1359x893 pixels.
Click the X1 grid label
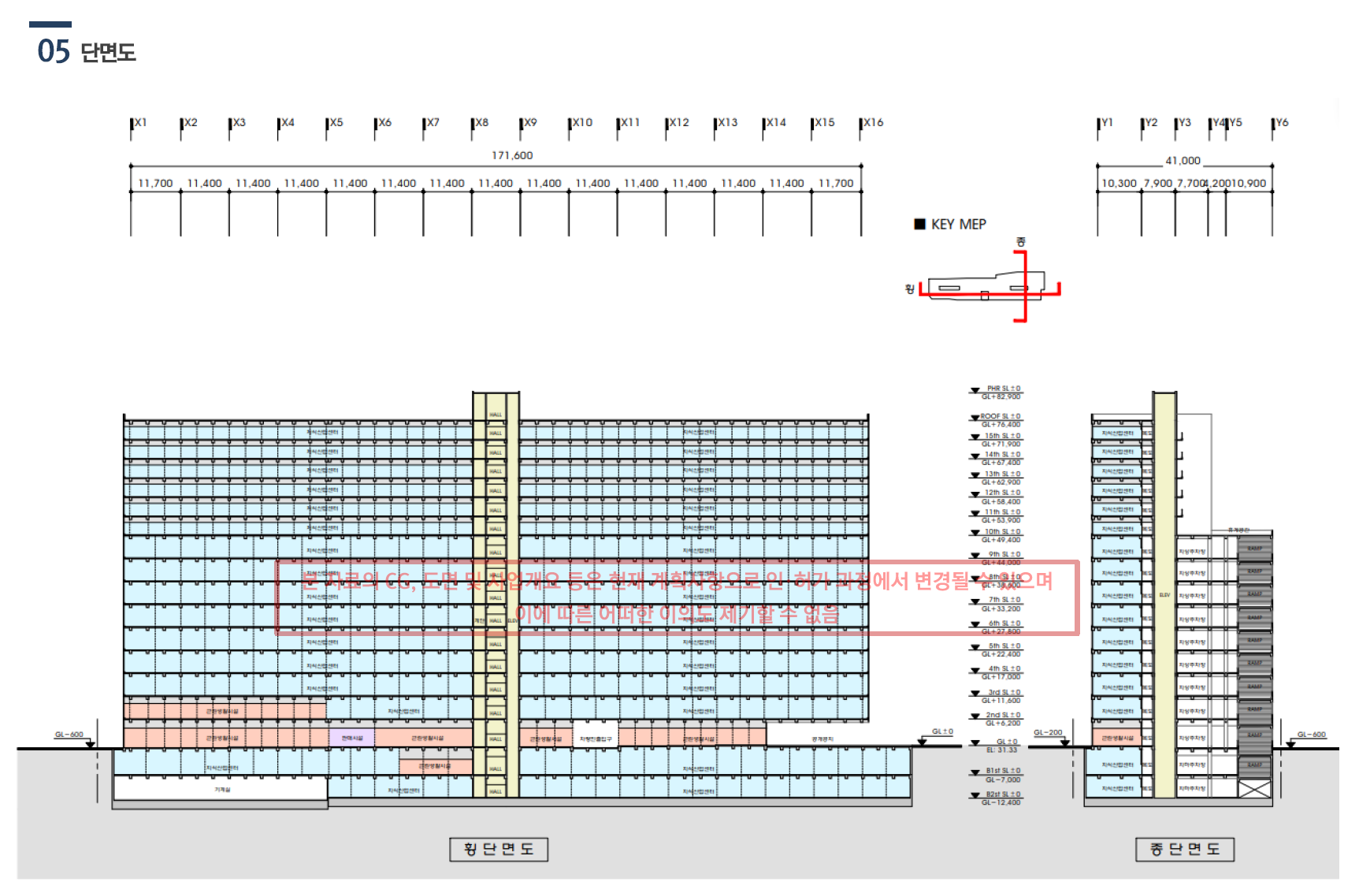click(x=140, y=123)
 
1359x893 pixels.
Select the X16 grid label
click(x=873, y=123)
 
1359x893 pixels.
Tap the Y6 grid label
click(x=1282, y=123)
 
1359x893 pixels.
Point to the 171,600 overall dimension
click(x=512, y=155)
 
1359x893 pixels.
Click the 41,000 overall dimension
click(x=1183, y=161)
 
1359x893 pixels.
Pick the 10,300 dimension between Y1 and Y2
click(x=1119, y=184)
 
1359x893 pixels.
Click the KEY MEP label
click(x=958, y=225)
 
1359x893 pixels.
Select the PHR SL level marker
click(x=1003, y=389)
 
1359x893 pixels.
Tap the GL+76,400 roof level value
click(x=1001, y=425)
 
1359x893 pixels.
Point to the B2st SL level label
click(x=1003, y=794)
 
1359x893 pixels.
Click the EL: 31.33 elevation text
click(x=1001, y=750)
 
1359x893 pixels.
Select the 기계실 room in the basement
click(x=222, y=789)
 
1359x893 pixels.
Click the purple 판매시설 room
click(x=352, y=739)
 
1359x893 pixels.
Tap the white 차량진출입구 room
click(x=596, y=739)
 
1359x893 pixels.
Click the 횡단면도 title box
click(x=499, y=850)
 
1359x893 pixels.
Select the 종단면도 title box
click(x=1184, y=850)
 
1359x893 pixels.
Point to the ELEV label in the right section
click(x=1164, y=595)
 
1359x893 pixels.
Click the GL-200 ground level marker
click(x=1048, y=733)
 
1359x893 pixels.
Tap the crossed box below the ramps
click(x=1255, y=789)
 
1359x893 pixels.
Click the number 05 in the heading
click(x=54, y=52)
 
